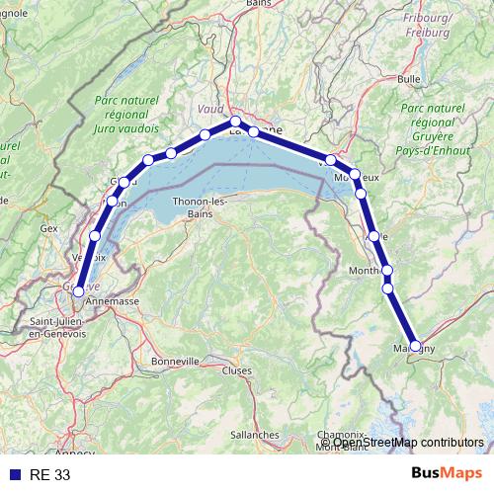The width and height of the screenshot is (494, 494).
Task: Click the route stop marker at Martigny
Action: (x=415, y=346)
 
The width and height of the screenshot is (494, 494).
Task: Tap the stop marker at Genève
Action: (x=78, y=291)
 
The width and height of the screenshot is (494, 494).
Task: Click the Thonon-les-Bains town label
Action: (x=200, y=206)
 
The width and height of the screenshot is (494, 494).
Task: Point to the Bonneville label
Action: (x=176, y=362)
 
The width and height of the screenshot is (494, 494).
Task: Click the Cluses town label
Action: (x=236, y=371)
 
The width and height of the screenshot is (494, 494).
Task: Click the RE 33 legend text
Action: (x=50, y=475)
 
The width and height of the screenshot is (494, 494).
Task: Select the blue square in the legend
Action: (x=13, y=475)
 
